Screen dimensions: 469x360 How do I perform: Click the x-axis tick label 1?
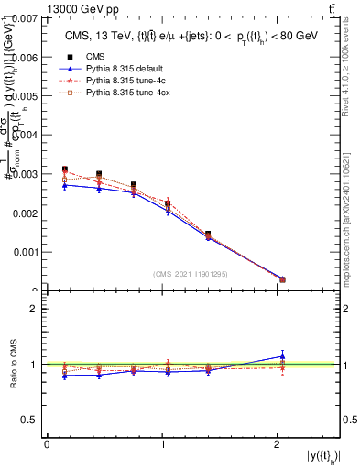(x=163, y=444)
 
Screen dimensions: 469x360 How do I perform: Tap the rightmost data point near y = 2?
(x=282, y=279)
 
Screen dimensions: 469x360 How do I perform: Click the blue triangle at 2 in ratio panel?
(x=282, y=355)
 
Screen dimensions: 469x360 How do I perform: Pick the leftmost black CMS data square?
(x=64, y=169)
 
